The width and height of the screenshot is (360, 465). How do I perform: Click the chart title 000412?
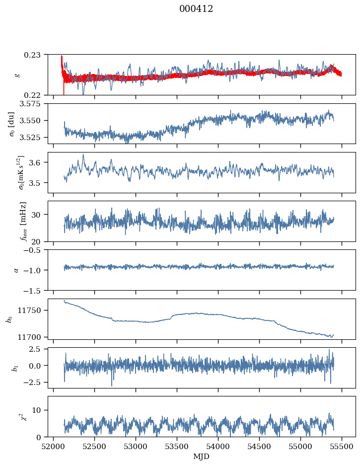[196, 9]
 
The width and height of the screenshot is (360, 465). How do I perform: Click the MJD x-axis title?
[201, 456]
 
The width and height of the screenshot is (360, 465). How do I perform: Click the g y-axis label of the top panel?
[18, 75]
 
